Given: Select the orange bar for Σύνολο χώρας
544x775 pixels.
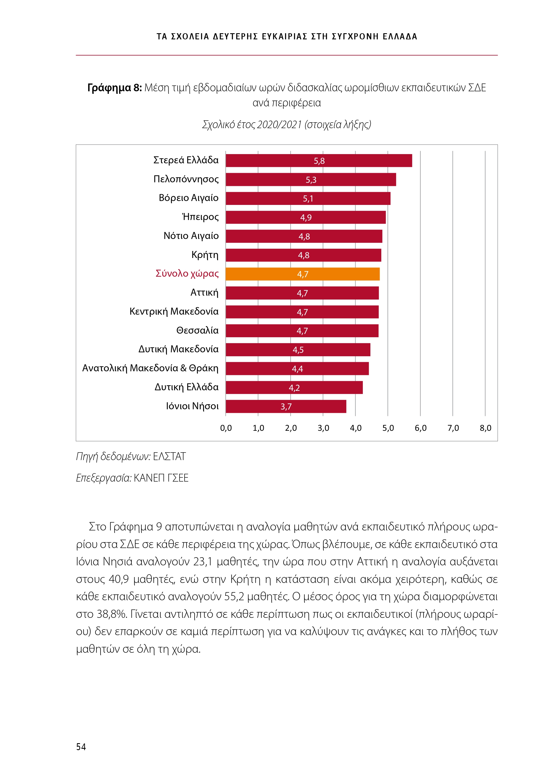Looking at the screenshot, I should [x=302, y=274].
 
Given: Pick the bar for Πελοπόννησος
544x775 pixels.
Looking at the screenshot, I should [x=310, y=179].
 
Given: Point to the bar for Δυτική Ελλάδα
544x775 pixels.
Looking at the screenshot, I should [x=294, y=387].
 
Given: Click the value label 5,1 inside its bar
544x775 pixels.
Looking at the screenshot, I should [x=308, y=198].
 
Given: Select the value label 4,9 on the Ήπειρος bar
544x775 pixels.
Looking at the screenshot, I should [x=306, y=217].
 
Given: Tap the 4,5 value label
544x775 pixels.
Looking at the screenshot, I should [x=298, y=350].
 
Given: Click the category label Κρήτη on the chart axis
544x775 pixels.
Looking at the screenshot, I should [x=205, y=255].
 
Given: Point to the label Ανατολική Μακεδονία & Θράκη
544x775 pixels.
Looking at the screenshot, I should [x=150, y=368].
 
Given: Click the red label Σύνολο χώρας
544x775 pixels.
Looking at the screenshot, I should [x=187, y=273].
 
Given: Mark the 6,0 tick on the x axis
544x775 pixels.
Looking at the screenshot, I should [x=420, y=428].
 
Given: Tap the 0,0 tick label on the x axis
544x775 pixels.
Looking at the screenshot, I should [x=226, y=428].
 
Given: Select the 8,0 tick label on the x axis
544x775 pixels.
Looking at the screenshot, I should [x=485, y=428].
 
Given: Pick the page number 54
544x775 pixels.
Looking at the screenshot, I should [x=81, y=747].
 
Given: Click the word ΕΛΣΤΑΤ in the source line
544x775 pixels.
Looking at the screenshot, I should [x=169, y=456].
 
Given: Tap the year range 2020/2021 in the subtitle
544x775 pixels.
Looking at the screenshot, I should [x=279, y=125].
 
